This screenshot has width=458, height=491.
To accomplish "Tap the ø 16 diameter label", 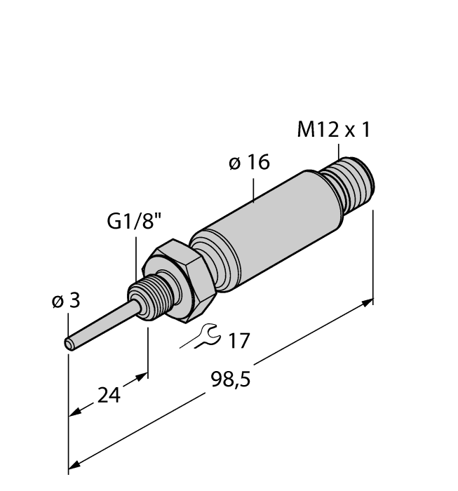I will pos(249,163).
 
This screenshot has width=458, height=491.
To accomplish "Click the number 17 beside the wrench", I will pos(239,341).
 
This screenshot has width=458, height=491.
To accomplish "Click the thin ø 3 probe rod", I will pos(99,323).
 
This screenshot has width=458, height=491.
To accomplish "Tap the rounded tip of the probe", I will pos(69,344).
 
